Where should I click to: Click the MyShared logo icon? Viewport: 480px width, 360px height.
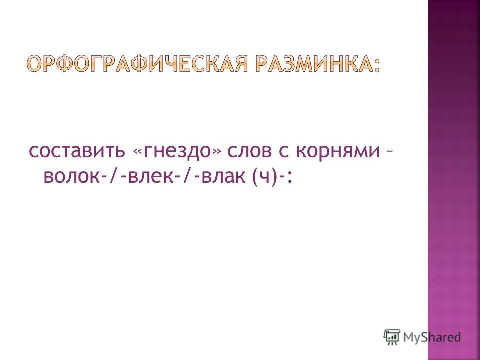click(x=392, y=336)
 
